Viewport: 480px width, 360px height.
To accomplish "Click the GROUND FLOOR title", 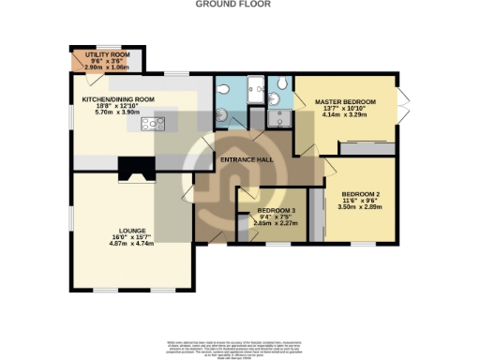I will [x=232, y=5].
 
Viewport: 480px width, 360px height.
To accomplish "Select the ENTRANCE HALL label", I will [x=245, y=159].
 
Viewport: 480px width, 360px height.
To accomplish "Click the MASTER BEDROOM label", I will [x=345, y=101].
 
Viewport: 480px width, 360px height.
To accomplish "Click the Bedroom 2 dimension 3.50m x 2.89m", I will [x=360, y=209].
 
